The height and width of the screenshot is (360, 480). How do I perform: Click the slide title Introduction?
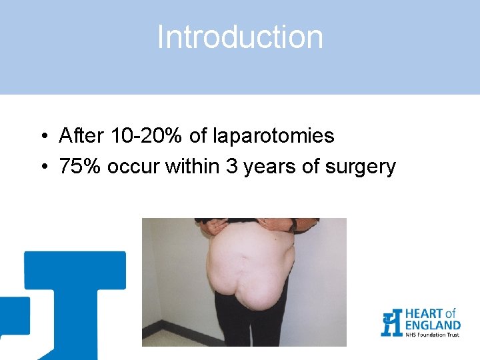click(240, 37)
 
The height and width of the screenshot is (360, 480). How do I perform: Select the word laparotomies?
click(273, 137)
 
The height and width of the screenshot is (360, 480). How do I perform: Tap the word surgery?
click(361, 166)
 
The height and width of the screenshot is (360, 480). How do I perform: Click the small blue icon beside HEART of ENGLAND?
click(391, 323)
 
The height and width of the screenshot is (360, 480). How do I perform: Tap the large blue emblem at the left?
click(73, 300)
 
